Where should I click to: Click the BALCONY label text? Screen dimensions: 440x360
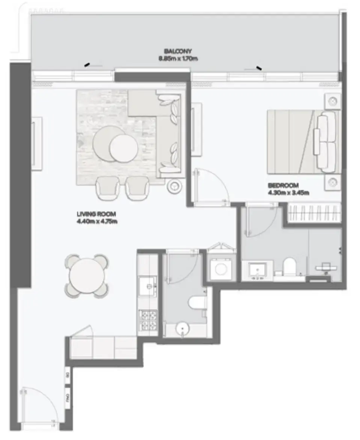pos(178,51)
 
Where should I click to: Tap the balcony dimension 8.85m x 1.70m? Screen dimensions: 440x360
pos(178,58)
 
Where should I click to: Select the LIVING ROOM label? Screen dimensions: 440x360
pos(96,214)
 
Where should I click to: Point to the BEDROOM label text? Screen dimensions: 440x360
pos(283,185)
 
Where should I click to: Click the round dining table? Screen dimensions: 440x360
pos(87,276)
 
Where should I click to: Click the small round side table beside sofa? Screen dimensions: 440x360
pos(175,185)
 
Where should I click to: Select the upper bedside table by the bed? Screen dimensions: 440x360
pos(333,101)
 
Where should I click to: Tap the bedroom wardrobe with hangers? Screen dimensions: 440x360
pos(313,213)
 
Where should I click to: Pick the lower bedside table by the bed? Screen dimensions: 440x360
pos(333,183)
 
